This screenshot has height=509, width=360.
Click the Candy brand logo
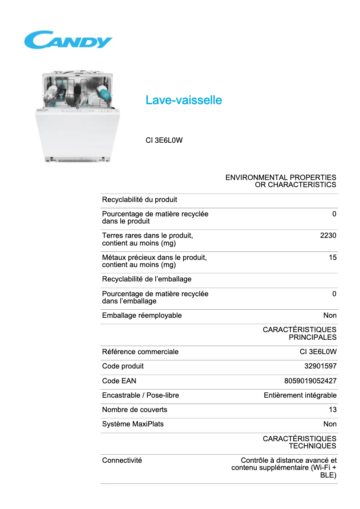point(68,40)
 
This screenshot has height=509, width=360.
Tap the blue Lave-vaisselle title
point(184,100)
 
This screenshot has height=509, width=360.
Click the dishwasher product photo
point(78,116)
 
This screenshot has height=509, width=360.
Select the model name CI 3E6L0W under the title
point(164,140)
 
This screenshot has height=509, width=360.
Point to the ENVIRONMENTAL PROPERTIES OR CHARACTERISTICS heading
point(281,181)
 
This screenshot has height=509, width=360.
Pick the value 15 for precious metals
point(332,258)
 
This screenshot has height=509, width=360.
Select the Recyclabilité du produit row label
point(140,200)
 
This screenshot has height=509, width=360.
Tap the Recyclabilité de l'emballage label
point(147,279)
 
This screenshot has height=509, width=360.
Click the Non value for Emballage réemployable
point(330,316)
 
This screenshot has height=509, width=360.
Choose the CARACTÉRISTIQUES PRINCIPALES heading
point(299,333)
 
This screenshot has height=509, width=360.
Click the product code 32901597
point(320,366)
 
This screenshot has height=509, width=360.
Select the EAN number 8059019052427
point(310,381)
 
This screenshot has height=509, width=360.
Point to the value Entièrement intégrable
point(300,395)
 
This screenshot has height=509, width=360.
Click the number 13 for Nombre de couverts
point(333,410)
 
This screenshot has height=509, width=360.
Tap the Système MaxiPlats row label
point(133,424)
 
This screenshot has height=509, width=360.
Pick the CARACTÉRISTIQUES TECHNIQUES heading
point(299,442)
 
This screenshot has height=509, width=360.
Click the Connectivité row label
point(122,461)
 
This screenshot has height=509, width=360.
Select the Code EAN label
point(119,381)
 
